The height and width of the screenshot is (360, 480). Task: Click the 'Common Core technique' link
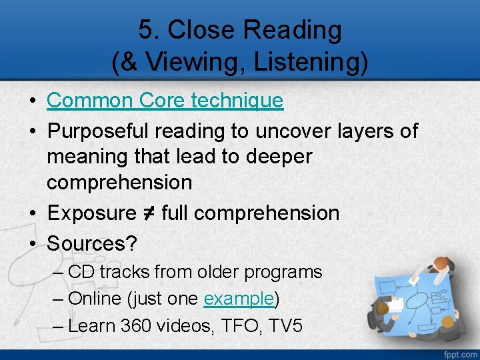click(x=165, y=101)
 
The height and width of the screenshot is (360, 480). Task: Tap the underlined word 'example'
click(x=239, y=299)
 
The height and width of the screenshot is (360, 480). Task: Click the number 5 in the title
click(x=145, y=30)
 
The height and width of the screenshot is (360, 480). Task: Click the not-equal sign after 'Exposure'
click(x=149, y=213)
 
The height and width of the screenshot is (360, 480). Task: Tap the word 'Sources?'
click(x=92, y=243)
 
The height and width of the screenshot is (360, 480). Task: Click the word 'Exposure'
click(x=91, y=213)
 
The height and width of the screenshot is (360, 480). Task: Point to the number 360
click(x=137, y=325)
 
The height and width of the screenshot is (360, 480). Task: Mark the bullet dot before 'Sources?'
click(x=33, y=244)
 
